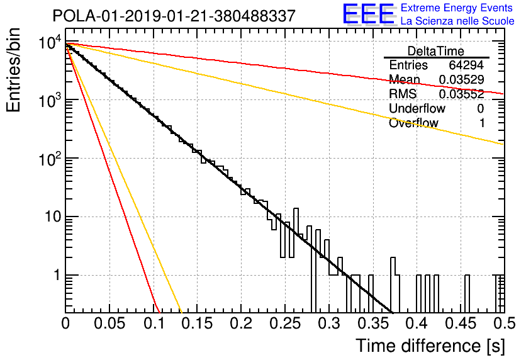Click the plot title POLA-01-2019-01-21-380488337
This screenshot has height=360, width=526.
tap(174, 16)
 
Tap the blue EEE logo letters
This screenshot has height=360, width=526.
tap(369, 14)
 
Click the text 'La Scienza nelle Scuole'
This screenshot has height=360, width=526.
tap(457, 21)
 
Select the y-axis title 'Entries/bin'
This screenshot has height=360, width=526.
tap(13, 70)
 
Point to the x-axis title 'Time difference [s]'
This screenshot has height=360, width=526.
tap(430, 346)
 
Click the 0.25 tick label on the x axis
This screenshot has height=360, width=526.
tap(285, 323)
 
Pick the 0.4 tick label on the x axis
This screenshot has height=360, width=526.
tap(417, 323)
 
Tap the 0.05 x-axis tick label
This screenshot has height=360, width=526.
tap(109, 323)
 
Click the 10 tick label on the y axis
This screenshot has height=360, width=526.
tap(53, 217)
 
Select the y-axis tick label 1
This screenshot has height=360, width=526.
tap(57, 275)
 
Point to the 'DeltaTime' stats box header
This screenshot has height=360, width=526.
tap(436, 51)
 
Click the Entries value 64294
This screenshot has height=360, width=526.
tap(466, 65)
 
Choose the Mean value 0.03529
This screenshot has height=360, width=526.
tap(462, 79)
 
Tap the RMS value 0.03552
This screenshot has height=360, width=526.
tap(462, 94)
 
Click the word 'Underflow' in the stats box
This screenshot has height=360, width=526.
tap(417, 108)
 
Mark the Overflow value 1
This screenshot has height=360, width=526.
tap(482, 123)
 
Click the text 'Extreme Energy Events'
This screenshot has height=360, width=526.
tap(457, 8)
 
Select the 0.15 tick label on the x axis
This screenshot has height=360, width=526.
tap(198, 323)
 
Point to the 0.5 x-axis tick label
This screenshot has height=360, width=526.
tap(504, 323)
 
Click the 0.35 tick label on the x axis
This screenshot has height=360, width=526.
tap(372, 323)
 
